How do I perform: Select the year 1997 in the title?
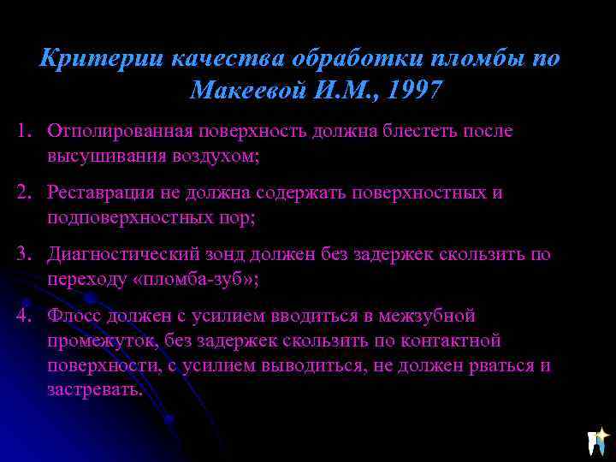415,90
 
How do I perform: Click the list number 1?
23,131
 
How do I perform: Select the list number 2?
23,192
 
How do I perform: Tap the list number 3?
23,254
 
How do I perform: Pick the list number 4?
23,316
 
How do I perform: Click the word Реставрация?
100,192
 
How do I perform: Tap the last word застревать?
95,390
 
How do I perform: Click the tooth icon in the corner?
597,441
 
